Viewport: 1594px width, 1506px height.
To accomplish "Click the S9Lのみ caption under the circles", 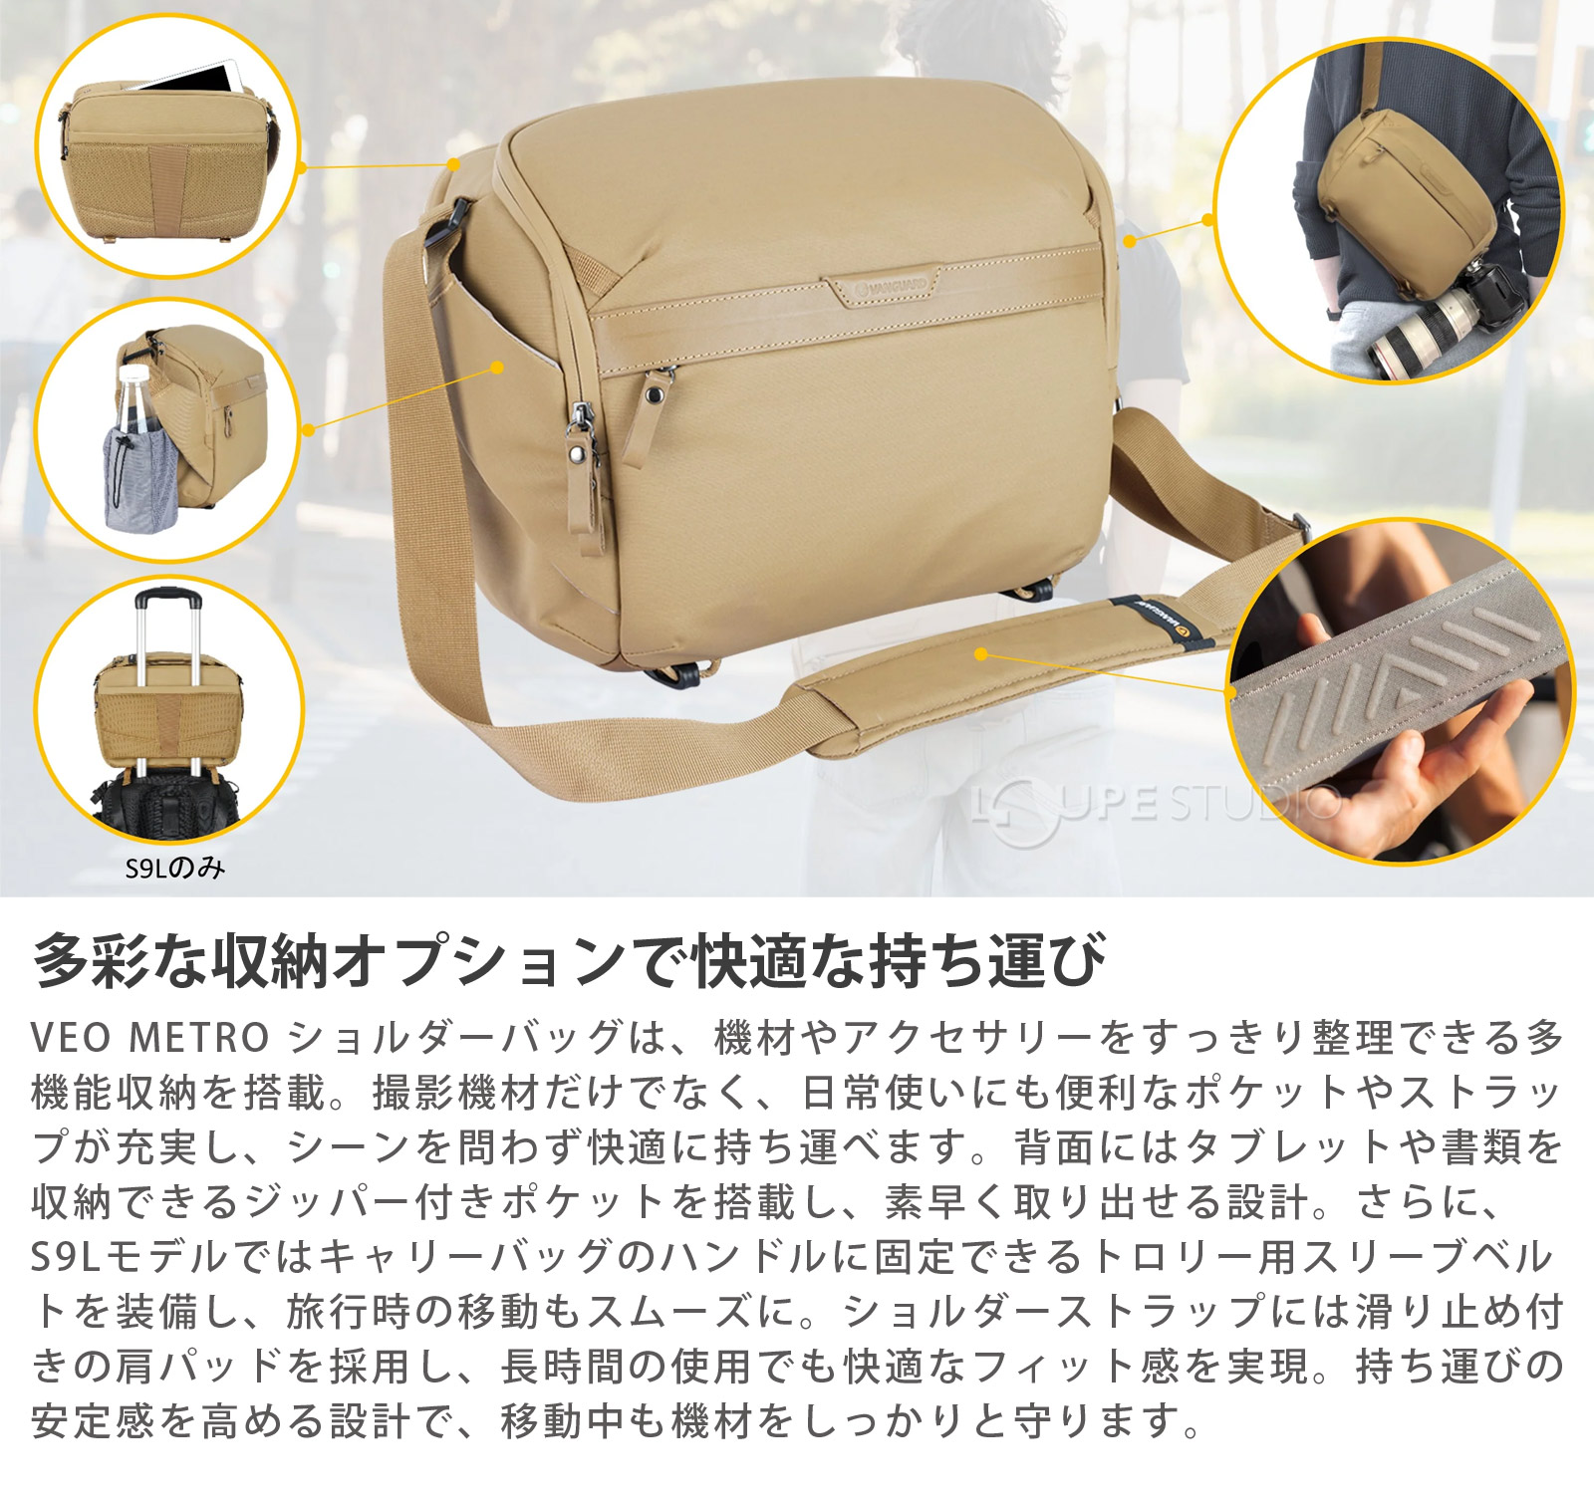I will coord(175,869).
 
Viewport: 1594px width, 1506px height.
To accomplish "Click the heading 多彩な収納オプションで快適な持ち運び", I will coord(568,961).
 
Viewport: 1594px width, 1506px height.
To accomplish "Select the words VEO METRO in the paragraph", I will coord(149,1039).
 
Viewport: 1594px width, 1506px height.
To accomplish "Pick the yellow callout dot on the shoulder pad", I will coord(981,654).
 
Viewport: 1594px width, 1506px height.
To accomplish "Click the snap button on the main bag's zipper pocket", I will coord(654,396).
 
